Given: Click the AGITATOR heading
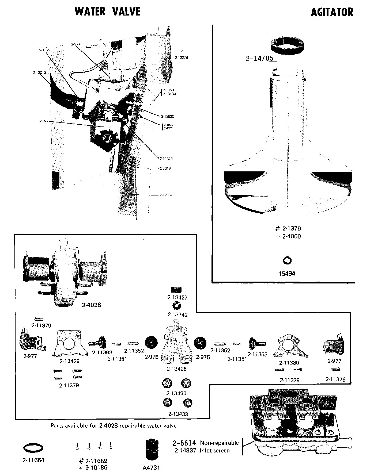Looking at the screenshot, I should pos(332,12).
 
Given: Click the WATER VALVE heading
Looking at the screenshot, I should pos(107,12).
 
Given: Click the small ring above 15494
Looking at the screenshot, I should pos(287,260).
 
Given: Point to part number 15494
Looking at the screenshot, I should pos(287,274).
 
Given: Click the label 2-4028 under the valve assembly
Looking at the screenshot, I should pos(92,305).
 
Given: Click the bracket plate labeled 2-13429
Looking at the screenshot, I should pos(70,344).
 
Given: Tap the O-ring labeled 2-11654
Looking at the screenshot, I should pos(33,448).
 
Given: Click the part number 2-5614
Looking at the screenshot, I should pos(184,443).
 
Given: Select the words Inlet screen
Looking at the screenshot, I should pos(215,451).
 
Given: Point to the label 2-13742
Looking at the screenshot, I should pos(177,315).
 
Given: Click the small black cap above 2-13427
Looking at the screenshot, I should pos(176,290).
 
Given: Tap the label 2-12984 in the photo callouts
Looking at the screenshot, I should pos(166,195).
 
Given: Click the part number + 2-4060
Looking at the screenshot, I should pos(288,236).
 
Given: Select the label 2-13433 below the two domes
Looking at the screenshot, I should pos(178,414).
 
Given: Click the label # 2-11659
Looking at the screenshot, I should pos(93,461).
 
